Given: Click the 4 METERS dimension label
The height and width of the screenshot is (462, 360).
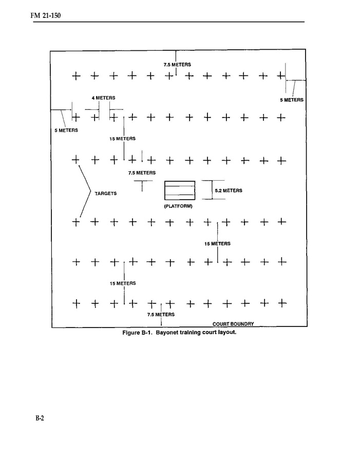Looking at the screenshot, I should coord(103,98).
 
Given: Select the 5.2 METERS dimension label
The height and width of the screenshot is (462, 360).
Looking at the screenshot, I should coord(229,190).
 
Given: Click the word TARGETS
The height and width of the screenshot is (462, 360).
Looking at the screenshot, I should coord(106,194).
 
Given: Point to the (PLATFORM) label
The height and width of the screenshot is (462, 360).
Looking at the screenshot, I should coord(178,206).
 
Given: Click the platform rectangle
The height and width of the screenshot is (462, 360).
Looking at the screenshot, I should coord(180,190).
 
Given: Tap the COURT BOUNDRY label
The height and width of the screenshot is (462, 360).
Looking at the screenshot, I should coord(233,324).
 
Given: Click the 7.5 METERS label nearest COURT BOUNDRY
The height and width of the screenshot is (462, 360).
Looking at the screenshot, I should coord(161,314).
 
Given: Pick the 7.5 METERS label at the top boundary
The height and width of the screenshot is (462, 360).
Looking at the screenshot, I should coord(177,65).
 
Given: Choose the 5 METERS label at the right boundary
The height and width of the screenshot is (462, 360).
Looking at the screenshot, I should coord(291,100).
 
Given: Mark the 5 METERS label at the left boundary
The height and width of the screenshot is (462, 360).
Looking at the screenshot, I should coord(66,130).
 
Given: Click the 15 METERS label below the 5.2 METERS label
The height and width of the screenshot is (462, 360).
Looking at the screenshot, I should coord(217,243).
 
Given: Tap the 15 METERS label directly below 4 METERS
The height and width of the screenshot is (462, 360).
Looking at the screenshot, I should coord(122,139).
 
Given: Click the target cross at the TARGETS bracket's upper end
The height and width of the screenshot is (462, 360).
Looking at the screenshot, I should coord(76,160).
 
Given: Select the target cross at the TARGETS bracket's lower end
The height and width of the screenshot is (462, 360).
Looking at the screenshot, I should coord(76,222).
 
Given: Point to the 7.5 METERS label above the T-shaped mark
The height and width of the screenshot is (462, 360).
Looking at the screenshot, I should coord(142,173).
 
